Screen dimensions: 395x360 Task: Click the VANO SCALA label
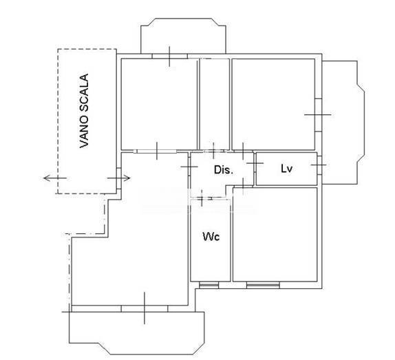84,111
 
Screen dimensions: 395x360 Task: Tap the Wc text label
211,237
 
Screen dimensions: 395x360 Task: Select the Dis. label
224,170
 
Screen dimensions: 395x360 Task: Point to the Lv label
286,169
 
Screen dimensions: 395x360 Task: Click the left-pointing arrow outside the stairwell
55,178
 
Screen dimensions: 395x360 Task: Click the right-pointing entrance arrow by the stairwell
118,178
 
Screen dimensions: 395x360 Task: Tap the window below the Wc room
209,285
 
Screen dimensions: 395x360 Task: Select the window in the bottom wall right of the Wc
263,285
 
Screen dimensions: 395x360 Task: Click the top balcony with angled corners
183,36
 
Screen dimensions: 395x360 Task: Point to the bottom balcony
136,332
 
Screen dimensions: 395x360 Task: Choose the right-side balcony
343,123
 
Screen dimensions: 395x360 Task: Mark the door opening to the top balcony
169,56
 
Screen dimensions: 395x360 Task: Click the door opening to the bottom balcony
145,308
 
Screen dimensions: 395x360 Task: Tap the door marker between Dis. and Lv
255,163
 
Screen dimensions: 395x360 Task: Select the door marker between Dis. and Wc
202,198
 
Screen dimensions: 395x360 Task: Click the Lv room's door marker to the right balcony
319,165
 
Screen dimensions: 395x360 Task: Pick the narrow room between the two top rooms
215,104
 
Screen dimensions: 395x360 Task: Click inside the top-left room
159,104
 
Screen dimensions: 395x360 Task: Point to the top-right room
273,104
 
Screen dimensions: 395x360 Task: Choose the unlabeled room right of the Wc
275,234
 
